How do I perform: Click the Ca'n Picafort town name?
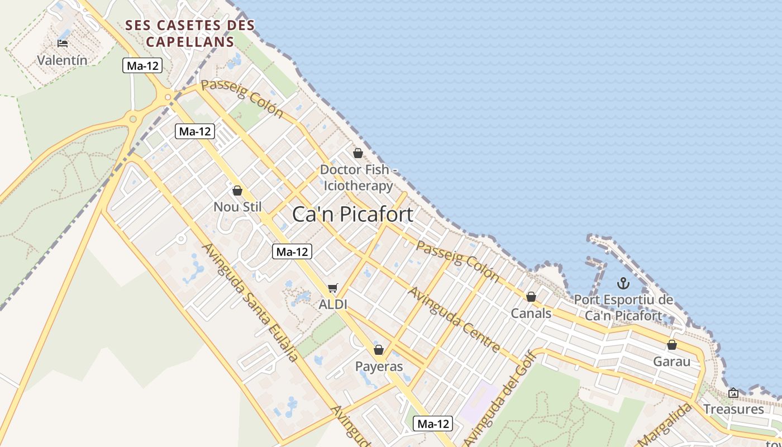click(x=352, y=215)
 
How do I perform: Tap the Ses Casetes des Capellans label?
click(x=190, y=34)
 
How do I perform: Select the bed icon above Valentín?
click(x=63, y=43)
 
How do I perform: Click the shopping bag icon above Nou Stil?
click(x=237, y=191)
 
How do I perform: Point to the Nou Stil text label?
click(x=237, y=207)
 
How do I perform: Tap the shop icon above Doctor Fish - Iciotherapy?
click(x=358, y=153)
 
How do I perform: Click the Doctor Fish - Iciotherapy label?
click(x=359, y=177)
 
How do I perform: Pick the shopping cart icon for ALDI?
click(x=333, y=288)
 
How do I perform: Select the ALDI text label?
click(x=333, y=305)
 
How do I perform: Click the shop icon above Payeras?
click(x=379, y=350)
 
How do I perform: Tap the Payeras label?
click(x=379, y=367)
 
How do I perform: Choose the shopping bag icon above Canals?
click(x=531, y=297)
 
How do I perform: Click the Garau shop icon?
click(x=672, y=345)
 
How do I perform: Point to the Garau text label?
click(x=672, y=362)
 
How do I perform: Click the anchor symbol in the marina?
click(x=623, y=283)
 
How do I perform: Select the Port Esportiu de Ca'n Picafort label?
click(x=623, y=307)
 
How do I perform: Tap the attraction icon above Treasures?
click(x=733, y=393)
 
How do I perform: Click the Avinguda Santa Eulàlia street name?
click(x=250, y=302)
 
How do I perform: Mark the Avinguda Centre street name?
click(x=454, y=320)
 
